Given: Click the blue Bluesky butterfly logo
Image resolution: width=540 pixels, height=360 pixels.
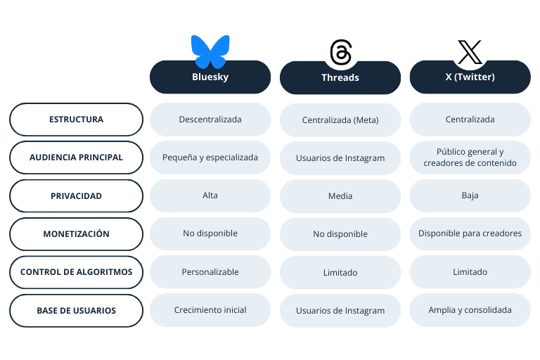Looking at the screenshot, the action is coord(210,51).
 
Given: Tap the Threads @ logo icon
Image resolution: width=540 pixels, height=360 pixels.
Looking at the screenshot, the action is coord(340,53).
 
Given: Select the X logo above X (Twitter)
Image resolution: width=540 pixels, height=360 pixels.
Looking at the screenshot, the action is coord(470,52).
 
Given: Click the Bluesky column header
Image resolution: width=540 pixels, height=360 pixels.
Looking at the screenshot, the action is coord(210,77).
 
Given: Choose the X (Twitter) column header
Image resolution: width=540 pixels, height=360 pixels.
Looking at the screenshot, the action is coord(470,77).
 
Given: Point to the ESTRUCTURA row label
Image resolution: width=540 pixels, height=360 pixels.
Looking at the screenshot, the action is coord(76,120).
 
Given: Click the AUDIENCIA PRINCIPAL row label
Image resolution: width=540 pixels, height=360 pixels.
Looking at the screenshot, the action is coord(76,157).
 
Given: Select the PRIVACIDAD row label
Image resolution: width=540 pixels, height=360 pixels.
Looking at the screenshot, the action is coord(76,195).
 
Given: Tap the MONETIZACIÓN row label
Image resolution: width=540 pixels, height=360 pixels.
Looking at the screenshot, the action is coord(76,234).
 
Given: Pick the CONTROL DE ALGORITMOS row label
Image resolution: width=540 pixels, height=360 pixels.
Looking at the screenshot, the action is coord(76,272).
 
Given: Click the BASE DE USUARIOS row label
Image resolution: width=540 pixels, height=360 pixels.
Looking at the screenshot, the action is coord(76,310).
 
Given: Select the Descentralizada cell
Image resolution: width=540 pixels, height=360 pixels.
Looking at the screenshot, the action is coord(210,120).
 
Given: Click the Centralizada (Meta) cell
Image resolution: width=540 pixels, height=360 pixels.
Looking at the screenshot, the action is coord(340,120).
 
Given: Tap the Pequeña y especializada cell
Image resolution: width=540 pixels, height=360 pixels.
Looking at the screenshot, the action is coord(210,157).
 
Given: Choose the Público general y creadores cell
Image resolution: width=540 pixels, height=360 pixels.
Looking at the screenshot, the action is coord(470,157).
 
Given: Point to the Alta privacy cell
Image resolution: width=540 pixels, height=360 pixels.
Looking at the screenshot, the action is coord(210,195).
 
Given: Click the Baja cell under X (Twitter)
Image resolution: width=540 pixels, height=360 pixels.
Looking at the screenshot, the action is coord(470,195).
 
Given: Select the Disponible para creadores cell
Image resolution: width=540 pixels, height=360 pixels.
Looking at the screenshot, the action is coord(470,233).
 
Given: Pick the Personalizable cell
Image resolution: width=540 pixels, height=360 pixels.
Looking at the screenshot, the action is coord(210,272).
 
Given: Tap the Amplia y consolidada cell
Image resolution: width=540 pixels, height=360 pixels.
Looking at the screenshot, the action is coord(470,310).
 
